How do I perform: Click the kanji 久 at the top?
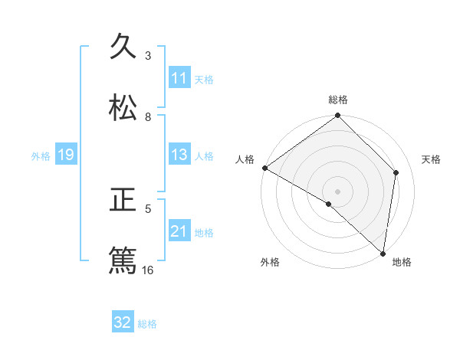(x=123, y=47)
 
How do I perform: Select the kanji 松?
(x=123, y=108)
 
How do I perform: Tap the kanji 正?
(x=123, y=201)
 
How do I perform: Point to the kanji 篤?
(x=123, y=260)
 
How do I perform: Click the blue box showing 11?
(x=179, y=78)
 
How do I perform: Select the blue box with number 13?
(x=179, y=155)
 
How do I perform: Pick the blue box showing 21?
(x=179, y=231)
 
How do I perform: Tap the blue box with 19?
(x=66, y=155)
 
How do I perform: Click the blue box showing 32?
(x=123, y=322)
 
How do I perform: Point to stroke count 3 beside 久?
(x=148, y=56)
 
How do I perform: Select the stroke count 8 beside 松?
(x=148, y=116)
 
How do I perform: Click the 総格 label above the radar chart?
(x=338, y=100)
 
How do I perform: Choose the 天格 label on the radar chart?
(x=431, y=159)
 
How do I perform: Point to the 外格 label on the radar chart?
(x=270, y=262)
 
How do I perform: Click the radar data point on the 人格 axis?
(x=264, y=168)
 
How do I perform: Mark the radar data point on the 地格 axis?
(x=383, y=254)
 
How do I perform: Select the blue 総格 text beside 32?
(x=147, y=323)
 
